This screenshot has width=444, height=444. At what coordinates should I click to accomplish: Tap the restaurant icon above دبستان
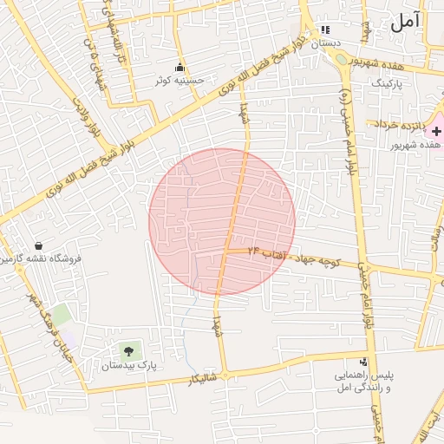(326, 29)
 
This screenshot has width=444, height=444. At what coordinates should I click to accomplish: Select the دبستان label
(326, 42)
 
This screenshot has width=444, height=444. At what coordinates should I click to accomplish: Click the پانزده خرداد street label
(401, 125)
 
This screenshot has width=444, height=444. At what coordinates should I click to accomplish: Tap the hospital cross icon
(436, 130)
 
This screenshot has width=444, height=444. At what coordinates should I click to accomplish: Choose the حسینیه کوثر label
(180, 80)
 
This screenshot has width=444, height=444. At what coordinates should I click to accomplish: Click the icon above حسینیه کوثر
(180, 68)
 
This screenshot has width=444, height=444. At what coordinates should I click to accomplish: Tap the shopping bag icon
(39, 245)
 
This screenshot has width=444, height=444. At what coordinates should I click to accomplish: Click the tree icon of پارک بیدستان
(129, 351)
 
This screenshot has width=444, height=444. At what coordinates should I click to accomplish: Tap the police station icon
(363, 362)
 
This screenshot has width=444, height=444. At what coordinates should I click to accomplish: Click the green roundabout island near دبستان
(341, 60)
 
